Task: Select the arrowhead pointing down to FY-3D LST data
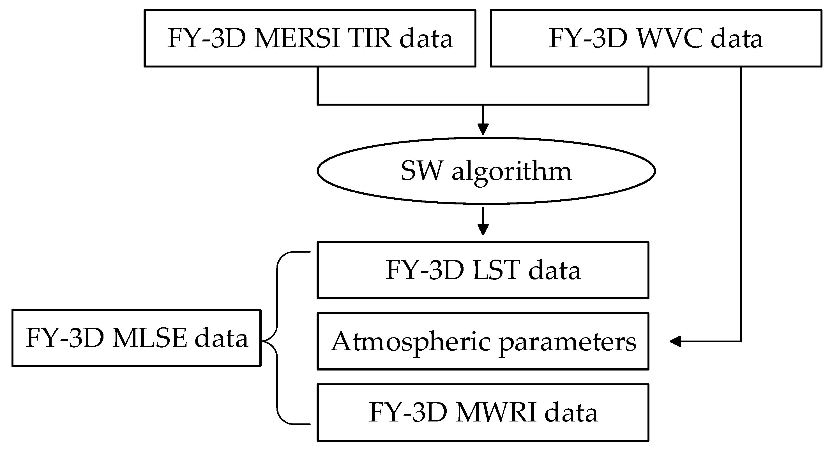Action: coord(483,230)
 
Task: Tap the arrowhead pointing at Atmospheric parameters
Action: coord(675,341)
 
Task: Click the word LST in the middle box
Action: coord(496,270)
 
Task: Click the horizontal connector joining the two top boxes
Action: coord(483,104)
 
